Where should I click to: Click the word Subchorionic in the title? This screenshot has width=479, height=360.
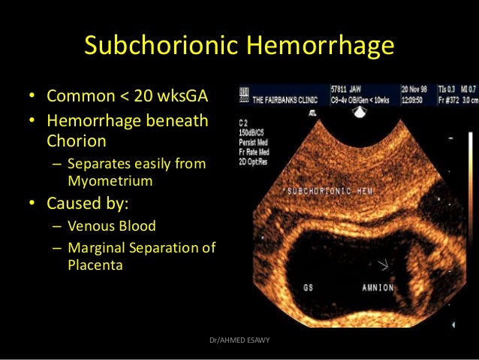160,47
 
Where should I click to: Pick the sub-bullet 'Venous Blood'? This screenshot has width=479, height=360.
112,226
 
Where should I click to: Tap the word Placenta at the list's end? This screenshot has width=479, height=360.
95,265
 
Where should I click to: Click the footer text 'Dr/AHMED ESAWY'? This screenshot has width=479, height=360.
239,340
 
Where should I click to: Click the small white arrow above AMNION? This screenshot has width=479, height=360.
387,265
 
